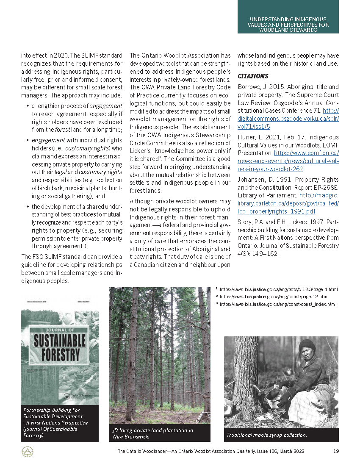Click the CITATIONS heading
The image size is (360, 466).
pos(253,76)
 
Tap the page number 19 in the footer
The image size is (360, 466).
pos(336,451)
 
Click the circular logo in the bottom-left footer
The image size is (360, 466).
pos(28,452)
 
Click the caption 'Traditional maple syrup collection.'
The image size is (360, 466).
pos(266,435)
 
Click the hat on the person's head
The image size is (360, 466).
pos(307,345)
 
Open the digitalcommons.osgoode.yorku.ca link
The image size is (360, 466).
pos(288,119)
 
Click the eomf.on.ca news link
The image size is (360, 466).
pos(288,161)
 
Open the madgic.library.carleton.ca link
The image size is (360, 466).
pos(288,203)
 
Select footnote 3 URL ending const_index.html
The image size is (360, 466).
pos(278,304)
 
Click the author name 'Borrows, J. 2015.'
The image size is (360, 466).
pos(260,86)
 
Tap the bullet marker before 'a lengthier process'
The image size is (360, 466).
pos(28,105)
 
